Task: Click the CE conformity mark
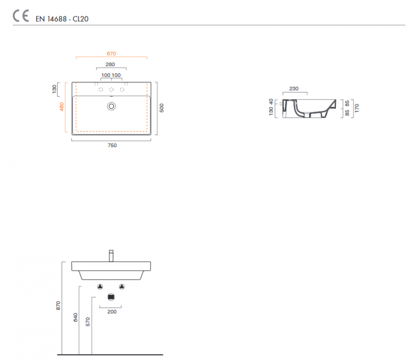21,16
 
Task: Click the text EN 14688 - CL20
62,19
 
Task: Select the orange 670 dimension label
111,54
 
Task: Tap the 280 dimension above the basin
110,64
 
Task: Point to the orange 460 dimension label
61,107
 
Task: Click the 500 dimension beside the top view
162,108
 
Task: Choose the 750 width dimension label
112,145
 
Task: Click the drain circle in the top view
111,106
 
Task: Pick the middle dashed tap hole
111,89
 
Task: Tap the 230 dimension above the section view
294,88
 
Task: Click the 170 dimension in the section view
357,108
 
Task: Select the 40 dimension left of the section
271,101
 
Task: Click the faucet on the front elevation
111,256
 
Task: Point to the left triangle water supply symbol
100,287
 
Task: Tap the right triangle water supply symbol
122,287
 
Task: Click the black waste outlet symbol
111,297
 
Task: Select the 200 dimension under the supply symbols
112,312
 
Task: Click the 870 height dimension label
58,305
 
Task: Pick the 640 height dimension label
76,317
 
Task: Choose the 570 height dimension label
88,322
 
